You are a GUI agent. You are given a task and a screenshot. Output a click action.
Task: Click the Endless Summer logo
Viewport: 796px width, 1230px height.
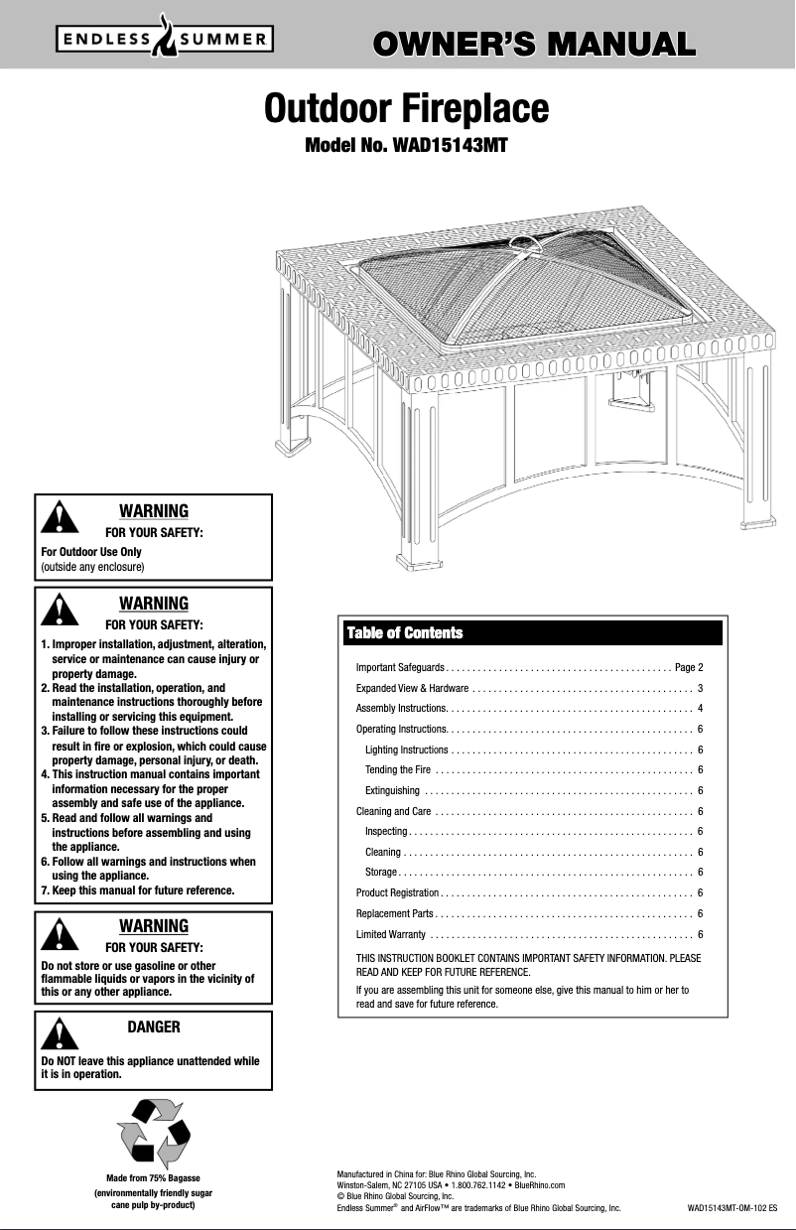point(164,41)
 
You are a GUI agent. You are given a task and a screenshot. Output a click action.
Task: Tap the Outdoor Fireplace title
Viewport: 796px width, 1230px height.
point(406,108)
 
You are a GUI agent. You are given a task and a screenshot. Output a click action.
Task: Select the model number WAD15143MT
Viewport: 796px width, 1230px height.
point(406,146)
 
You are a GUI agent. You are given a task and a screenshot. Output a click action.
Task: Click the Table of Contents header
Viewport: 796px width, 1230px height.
point(404,633)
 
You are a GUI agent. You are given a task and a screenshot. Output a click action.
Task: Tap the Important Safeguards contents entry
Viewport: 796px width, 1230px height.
point(402,665)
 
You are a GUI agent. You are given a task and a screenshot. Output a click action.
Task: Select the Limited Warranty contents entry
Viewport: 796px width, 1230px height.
point(391,934)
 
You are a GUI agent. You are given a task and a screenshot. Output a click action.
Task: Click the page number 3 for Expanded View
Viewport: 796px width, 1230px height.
point(701,688)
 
